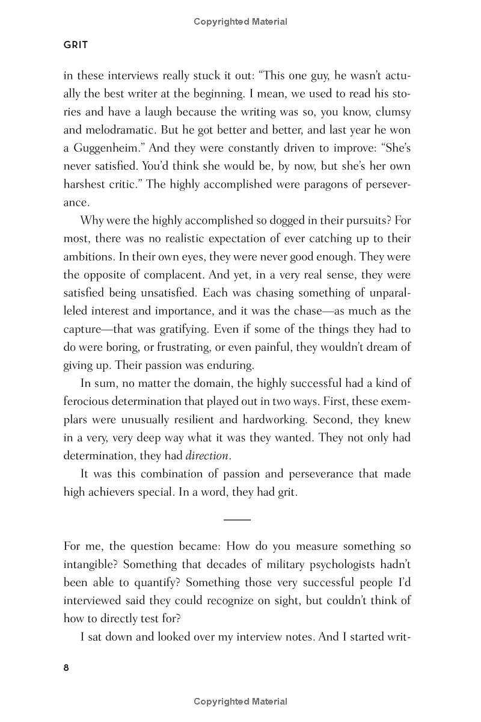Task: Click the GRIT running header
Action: point(76,45)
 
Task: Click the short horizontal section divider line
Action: point(237,519)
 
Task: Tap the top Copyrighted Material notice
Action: point(240,22)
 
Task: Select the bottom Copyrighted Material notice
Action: point(240,701)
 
